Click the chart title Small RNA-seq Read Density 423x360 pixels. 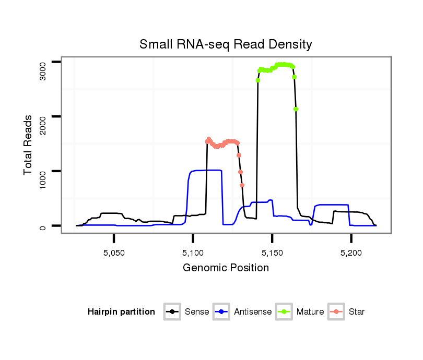click(x=226, y=44)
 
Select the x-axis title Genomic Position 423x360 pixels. click(x=226, y=268)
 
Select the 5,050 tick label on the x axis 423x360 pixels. click(x=114, y=253)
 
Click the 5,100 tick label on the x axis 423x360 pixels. click(x=193, y=253)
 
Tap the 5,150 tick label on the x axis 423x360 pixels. click(x=272, y=253)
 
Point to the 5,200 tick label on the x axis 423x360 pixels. click(x=351, y=253)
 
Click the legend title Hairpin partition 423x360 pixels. click(x=121, y=312)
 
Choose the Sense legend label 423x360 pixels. click(x=197, y=312)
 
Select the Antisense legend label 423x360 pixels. click(x=253, y=312)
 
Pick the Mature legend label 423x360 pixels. click(x=310, y=312)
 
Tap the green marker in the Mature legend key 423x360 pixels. click(x=284, y=312)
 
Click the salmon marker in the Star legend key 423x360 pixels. click(x=336, y=312)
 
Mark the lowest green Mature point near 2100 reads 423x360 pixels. click(x=296, y=109)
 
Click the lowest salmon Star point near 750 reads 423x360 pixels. click(x=242, y=185)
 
